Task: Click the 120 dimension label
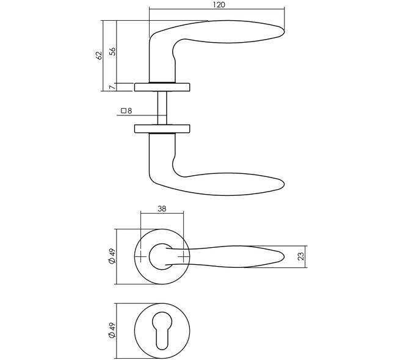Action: click(219, 5)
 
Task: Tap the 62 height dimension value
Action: click(99, 56)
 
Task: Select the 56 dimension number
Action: click(112, 52)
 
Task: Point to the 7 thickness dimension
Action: click(112, 87)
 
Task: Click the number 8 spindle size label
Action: click(130, 110)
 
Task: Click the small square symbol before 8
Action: click(123, 110)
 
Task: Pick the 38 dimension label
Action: click(162, 209)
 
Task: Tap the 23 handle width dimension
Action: click(300, 256)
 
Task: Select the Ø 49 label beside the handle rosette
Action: click(112, 256)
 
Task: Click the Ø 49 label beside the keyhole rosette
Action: click(112, 331)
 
